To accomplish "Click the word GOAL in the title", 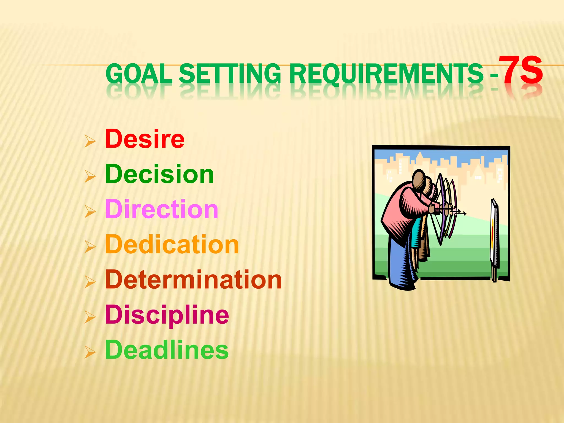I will point(139,74).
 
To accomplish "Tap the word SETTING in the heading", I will point(230,74).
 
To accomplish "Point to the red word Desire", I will point(145,139).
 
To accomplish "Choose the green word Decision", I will point(159,174).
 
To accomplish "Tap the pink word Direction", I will point(162,209).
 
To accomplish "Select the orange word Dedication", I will point(172,245).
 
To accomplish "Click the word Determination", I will point(193,280).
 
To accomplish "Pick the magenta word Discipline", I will point(167,314).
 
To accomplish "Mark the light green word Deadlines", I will point(167,350).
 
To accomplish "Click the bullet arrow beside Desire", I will point(90,141).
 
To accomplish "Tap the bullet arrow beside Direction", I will point(90,211).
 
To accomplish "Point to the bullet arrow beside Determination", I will point(90,282).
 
